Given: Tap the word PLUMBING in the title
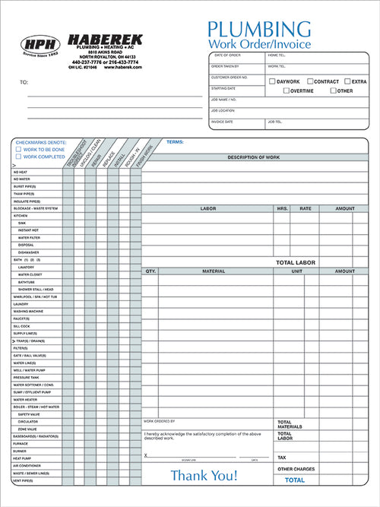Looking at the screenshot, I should (x=258, y=30).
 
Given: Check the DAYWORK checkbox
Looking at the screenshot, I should (x=273, y=81).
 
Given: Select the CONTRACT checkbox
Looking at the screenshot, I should (x=310, y=81).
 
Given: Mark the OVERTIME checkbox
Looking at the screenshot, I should (x=287, y=91).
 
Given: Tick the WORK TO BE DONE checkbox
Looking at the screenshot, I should (x=18, y=149).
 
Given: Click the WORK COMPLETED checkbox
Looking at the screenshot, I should (x=18, y=157).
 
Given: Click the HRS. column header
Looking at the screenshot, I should (x=282, y=208).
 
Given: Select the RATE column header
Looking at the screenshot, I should (x=305, y=208).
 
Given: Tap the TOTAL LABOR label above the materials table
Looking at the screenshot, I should (x=295, y=262).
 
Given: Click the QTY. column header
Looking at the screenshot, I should (x=150, y=271).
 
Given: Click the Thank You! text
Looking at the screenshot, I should (x=204, y=476).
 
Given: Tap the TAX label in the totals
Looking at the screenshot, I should (x=282, y=458).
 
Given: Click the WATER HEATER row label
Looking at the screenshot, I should (x=25, y=399).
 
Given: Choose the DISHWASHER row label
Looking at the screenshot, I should (x=30, y=252).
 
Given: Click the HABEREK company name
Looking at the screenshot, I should (x=103, y=39).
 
